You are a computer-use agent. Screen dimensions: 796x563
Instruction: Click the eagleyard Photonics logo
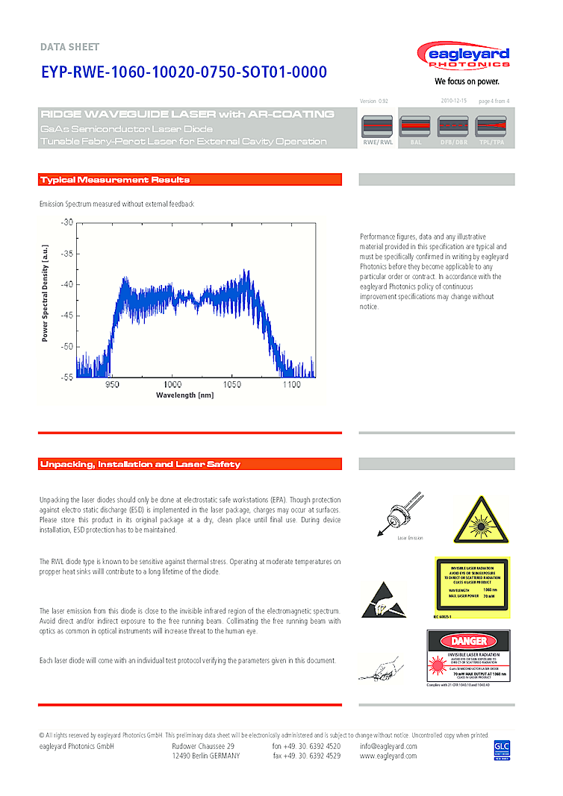pos(464,58)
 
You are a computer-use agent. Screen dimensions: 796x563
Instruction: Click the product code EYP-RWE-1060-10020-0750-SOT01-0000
pos(184,72)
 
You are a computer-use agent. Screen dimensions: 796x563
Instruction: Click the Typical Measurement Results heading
pos(115,180)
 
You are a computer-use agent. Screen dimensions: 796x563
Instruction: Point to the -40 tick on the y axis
pos(67,284)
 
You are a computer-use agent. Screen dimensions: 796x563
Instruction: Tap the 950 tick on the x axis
pos(112,385)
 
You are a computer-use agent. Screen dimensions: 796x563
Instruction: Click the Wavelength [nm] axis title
pos(184,395)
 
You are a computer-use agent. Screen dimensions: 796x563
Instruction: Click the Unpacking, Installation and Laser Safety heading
pos(140,465)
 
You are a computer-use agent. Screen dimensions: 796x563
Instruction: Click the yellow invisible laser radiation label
pos(471,588)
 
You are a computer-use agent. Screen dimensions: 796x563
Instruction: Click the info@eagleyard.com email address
pos(388,746)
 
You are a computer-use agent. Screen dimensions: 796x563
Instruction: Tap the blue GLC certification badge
pos(501,750)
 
